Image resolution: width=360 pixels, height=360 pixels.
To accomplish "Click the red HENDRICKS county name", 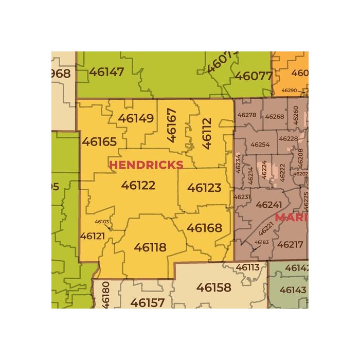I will [x=146, y=165].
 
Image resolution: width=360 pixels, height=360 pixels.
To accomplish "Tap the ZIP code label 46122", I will [x=138, y=185].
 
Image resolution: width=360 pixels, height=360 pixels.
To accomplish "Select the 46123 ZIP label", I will [x=204, y=188].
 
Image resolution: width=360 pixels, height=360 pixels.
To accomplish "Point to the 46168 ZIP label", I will [x=204, y=227].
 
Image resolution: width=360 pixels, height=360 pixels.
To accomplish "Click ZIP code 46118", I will [x=150, y=247].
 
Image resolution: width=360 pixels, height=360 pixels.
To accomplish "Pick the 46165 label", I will [x=99, y=141].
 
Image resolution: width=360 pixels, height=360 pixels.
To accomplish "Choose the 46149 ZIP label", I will [x=136, y=118].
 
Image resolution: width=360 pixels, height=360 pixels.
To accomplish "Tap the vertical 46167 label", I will [x=172, y=125].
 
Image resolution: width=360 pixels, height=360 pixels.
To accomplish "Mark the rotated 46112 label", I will [x=207, y=133].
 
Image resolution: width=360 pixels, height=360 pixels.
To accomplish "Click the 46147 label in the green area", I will [x=106, y=71].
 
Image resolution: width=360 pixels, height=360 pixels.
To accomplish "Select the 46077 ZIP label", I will [x=253, y=76].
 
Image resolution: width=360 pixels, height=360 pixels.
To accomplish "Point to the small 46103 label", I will [x=102, y=222].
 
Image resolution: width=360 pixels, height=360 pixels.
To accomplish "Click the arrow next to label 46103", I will [x=108, y=227].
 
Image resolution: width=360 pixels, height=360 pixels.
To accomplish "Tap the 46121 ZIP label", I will [x=93, y=236].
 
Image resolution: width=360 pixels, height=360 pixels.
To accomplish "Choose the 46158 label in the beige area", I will [x=214, y=287].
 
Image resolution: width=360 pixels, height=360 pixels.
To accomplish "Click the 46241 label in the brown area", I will [x=268, y=205].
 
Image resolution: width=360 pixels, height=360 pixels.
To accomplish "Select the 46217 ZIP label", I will [x=290, y=244].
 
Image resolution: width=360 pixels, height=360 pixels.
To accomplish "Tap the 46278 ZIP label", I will [x=247, y=115].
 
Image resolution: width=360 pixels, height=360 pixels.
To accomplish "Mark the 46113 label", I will [x=247, y=267].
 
